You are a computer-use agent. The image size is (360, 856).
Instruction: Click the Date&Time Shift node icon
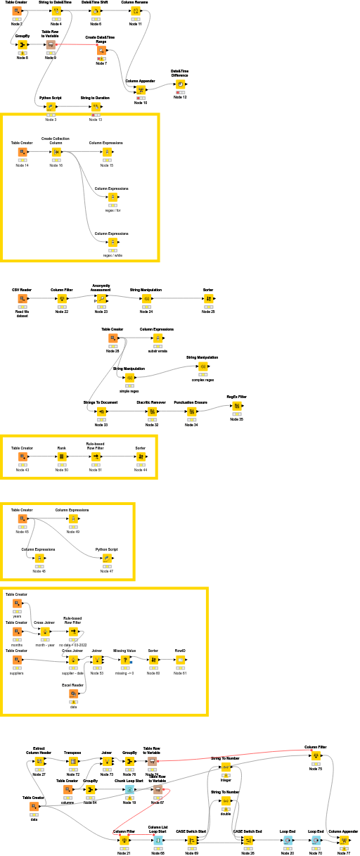[95, 11]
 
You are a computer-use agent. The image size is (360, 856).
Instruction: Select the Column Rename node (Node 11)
[136, 11]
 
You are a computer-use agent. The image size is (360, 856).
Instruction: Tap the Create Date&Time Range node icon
[101, 51]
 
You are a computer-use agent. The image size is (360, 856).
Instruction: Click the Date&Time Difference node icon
[180, 84]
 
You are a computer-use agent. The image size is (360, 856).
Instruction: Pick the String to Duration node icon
[96, 107]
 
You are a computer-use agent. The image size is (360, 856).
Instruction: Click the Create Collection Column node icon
[56, 152]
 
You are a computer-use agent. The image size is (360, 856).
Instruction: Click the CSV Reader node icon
[22, 299]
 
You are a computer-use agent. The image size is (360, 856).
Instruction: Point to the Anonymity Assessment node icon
[101, 299]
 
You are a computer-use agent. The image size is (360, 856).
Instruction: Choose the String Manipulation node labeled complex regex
[202, 367]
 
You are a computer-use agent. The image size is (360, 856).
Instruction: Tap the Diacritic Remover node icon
[152, 412]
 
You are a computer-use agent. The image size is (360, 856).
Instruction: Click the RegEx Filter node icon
[237, 406]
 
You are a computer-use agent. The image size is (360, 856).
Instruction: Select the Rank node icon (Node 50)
[62, 457]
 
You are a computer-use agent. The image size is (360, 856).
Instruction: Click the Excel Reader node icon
[73, 694]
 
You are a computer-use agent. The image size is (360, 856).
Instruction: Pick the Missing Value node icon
[125, 660]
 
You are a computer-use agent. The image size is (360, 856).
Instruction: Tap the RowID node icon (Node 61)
[181, 660]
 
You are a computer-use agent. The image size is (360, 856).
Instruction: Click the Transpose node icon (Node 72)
[73, 761]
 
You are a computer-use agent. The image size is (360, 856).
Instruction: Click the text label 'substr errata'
[157, 350]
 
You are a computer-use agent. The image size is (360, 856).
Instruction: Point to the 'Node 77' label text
[344, 852]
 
